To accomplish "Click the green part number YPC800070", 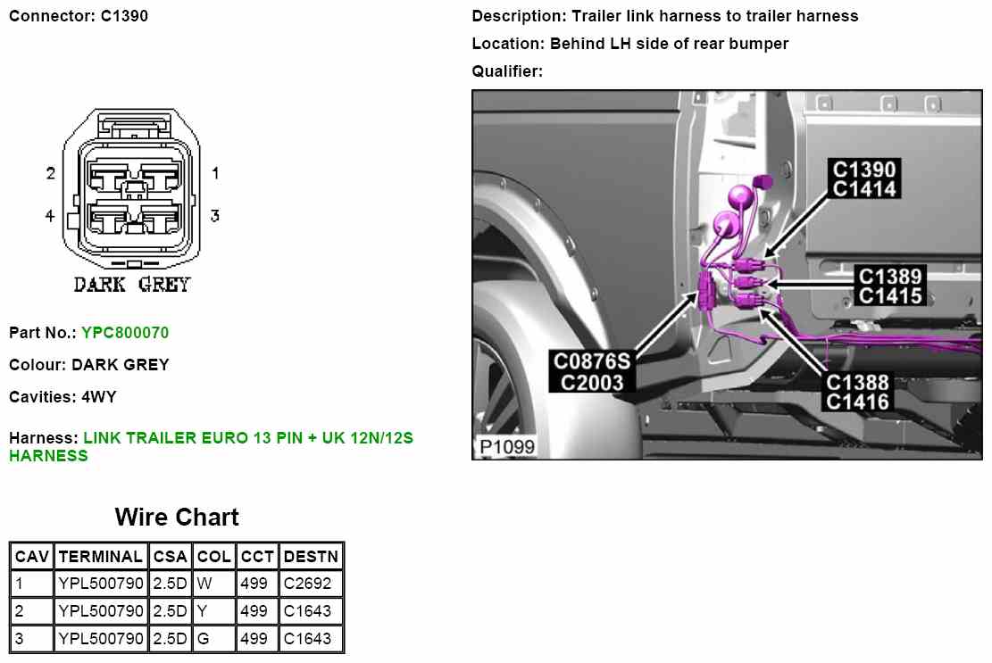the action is [x=125, y=333].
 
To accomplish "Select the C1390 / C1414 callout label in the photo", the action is [x=863, y=178].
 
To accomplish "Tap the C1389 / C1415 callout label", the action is [x=889, y=286].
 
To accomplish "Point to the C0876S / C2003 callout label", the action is [x=592, y=371].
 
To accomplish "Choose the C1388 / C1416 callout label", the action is [x=857, y=392].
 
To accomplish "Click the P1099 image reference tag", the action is [x=507, y=446].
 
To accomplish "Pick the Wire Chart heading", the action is [x=177, y=518].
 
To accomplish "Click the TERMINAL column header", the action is [x=101, y=557].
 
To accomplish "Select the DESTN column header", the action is [x=311, y=557].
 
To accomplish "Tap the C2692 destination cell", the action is [x=307, y=584].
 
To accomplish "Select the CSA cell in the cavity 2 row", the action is [x=170, y=611].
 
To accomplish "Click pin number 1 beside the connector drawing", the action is [x=215, y=173].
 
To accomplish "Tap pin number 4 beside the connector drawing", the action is [x=51, y=215].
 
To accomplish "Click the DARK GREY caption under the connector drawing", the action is [x=132, y=286].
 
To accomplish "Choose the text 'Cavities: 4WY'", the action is [x=63, y=396].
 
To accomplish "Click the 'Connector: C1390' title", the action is [x=79, y=16].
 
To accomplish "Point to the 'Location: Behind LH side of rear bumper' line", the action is [x=629, y=43].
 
